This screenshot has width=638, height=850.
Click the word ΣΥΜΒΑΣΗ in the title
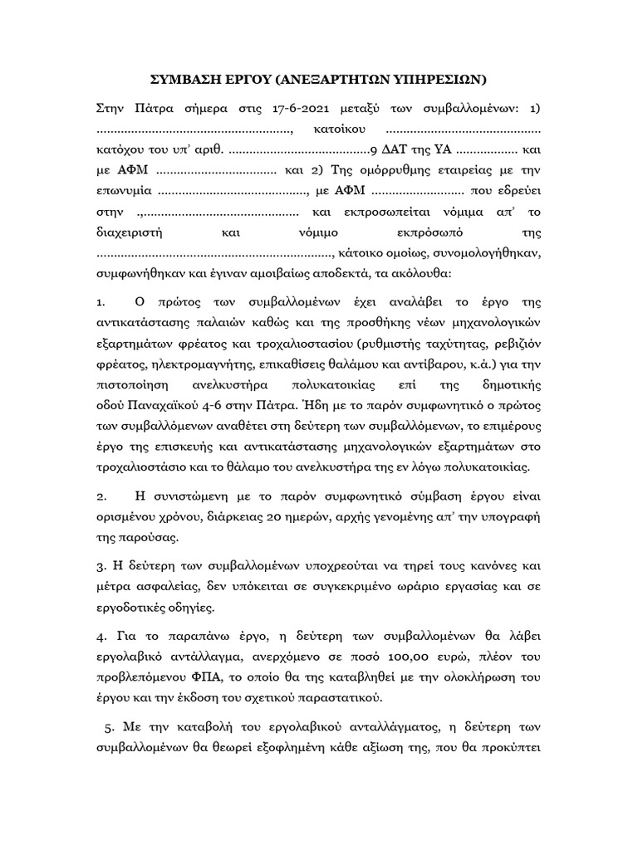[x=184, y=80]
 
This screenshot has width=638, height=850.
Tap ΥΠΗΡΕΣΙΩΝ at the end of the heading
[x=439, y=80]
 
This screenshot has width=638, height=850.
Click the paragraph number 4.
[x=101, y=637]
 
